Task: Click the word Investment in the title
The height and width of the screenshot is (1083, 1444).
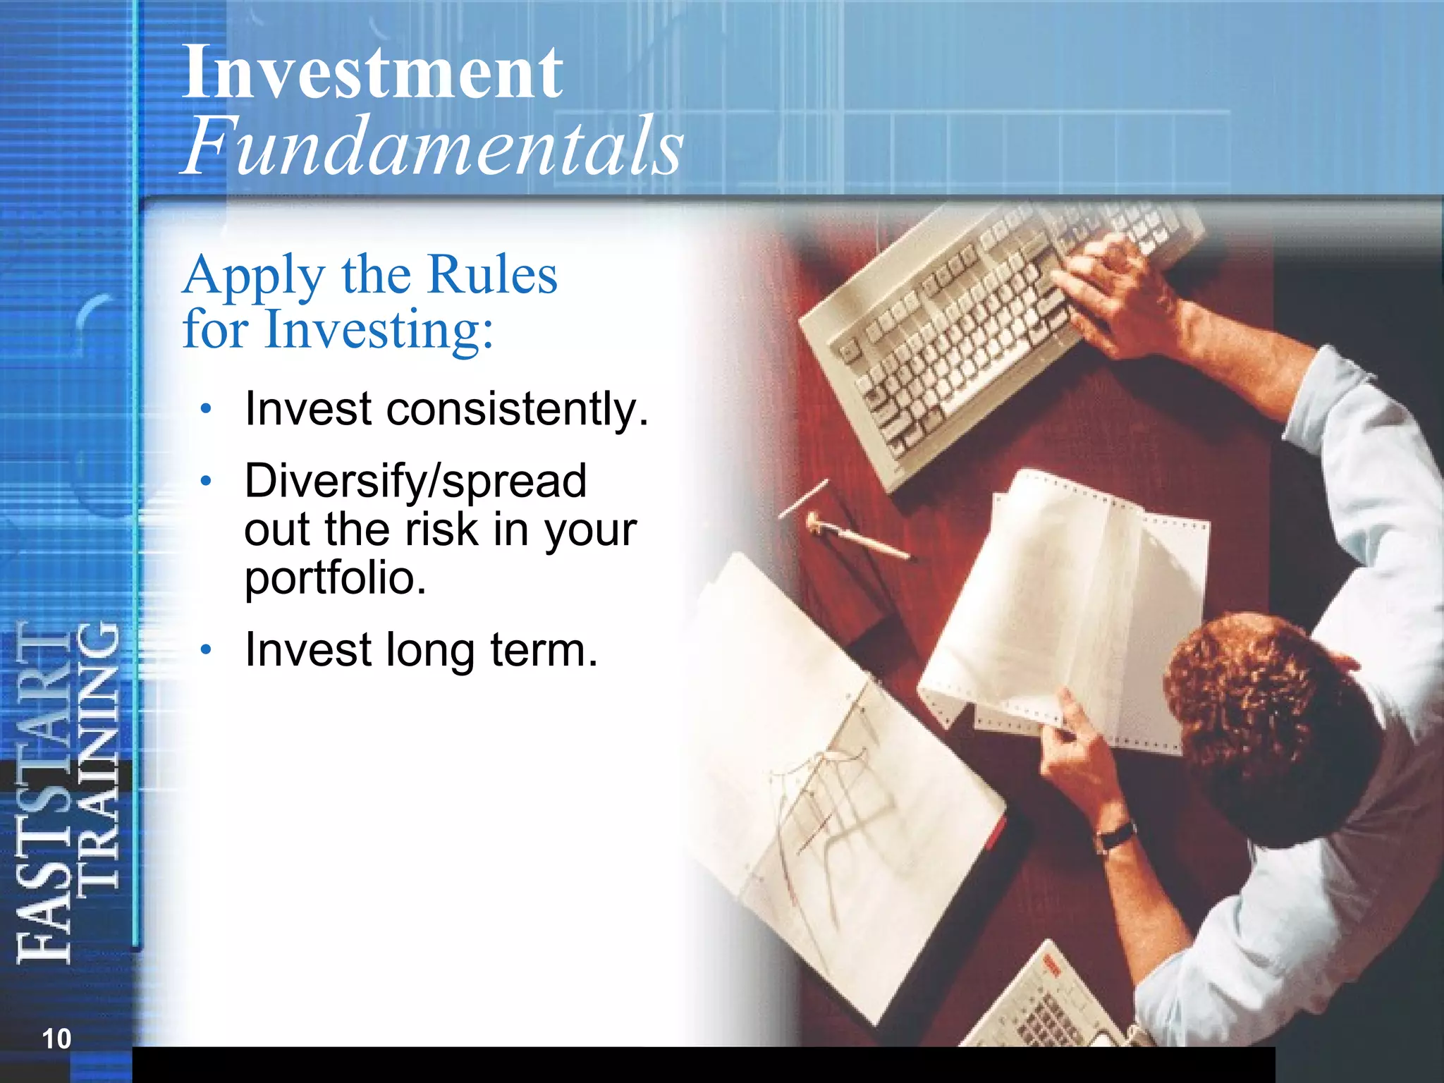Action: (372, 72)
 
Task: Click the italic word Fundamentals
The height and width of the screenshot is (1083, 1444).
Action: (432, 147)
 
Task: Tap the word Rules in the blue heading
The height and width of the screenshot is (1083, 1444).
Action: (492, 275)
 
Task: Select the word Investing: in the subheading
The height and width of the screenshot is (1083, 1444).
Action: (379, 330)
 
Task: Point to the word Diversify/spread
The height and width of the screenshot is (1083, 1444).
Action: (415, 481)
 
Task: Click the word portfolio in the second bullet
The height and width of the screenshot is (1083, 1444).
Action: (335, 578)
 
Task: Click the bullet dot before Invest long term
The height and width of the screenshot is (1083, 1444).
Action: (205, 649)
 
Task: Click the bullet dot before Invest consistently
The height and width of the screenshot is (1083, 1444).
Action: (205, 408)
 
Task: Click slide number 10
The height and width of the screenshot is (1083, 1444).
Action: (56, 1039)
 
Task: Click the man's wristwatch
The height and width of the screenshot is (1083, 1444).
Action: (1116, 837)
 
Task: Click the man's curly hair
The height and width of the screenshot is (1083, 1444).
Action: (1262, 705)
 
